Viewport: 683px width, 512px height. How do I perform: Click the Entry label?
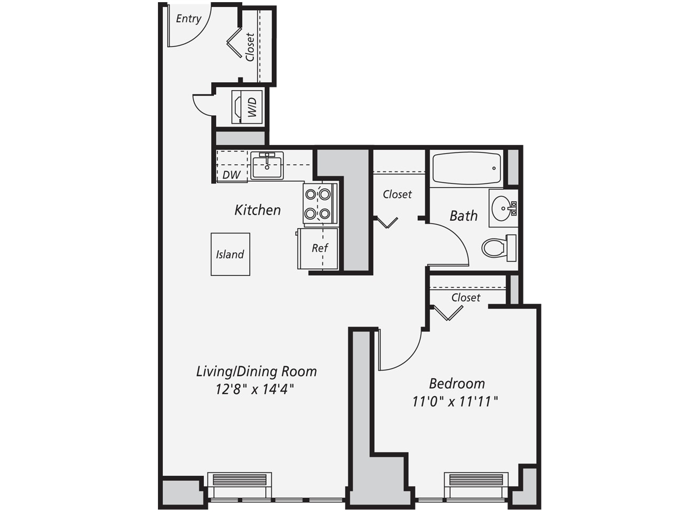pyautogui.click(x=188, y=19)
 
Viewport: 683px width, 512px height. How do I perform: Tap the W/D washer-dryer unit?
pyautogui.click(x=247, y=107)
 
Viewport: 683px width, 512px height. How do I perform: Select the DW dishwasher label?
pyautogui.click(x=232, y=175)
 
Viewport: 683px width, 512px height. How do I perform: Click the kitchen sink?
pyautogui.click(x=267, y=166)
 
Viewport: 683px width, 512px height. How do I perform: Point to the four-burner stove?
pyautogui.click(x=320, y=204)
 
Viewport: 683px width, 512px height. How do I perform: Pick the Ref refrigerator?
pyautogui.click(x=317, y=249)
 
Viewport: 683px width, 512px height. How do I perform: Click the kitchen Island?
pyautogui.click(x=231, y=254)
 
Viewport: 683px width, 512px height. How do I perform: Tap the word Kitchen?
pyautogui.click(x=258, y=210)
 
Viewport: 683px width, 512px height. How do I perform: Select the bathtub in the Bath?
pyautogui.click(x=466, y=168)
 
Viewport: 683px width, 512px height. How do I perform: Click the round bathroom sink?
pyautogui.click(x=502, y=209)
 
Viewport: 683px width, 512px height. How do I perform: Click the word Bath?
pyautogui.click(x=464, y=216)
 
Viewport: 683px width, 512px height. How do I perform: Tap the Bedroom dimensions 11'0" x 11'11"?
pyautogui.click(x=455, y=402)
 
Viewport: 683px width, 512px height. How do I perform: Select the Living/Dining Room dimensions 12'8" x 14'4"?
pyautogui.click(x=255, y=389)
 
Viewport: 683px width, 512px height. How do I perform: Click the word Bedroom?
pyautogui.click(x=457, y=383)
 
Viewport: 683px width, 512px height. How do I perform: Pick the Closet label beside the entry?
pyautogui.click(x=250, y=47)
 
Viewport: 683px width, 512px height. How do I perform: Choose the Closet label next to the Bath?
pyautogui.click(x=397, y=195)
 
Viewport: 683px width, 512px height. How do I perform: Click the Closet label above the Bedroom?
pyautogui.click(x=466, y=298)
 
